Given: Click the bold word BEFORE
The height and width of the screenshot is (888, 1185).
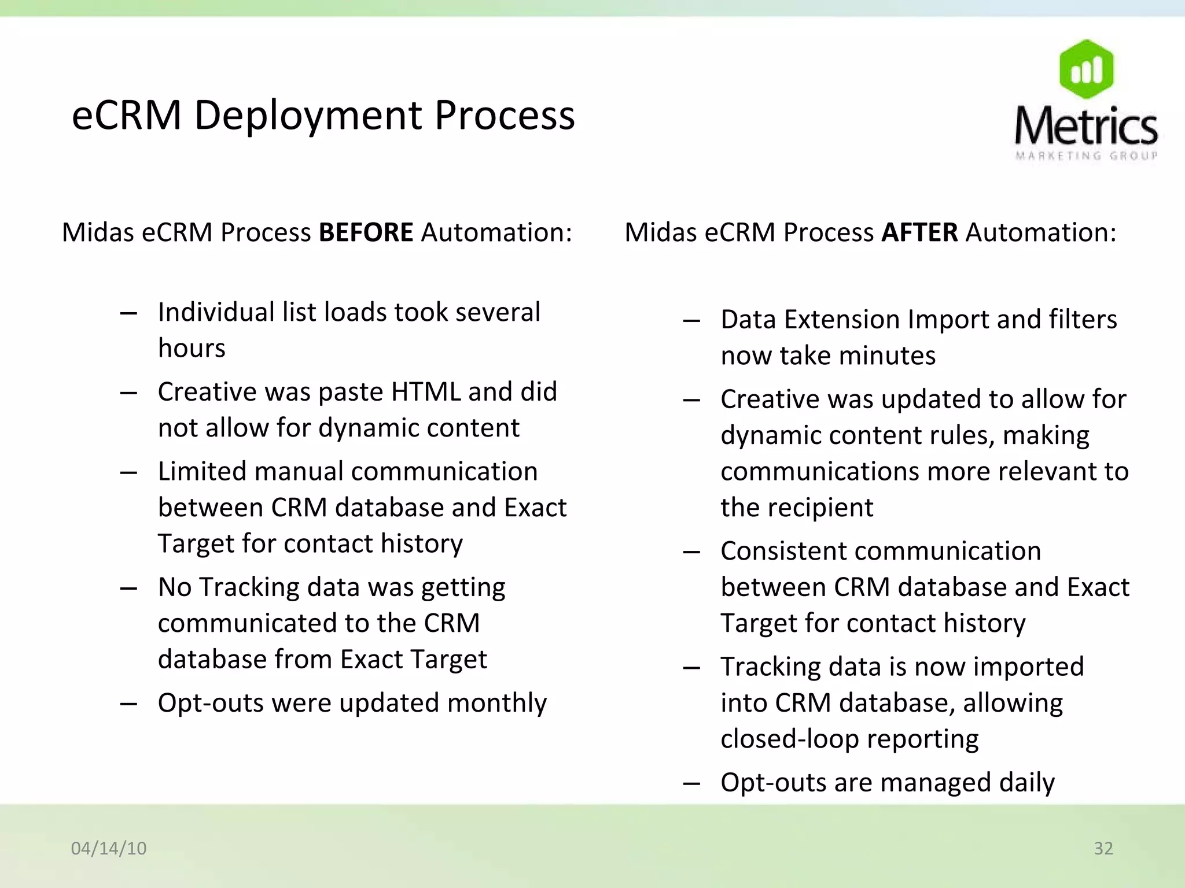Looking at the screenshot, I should [366, 232].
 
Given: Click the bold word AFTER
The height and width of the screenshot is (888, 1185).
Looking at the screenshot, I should [919, 232].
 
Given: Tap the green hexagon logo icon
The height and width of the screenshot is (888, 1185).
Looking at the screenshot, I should [1086, 69].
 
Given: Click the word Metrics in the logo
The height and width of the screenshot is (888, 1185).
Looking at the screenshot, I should [1086, 125].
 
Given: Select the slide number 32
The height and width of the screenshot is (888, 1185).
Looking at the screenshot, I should [1103, 848].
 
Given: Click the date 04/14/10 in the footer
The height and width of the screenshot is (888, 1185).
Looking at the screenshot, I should [109, 848].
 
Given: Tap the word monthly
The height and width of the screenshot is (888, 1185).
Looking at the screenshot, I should [496, 703].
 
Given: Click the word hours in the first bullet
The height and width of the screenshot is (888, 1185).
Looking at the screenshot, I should [192, 348].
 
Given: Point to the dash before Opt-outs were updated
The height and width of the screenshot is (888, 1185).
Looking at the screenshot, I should [128, 704].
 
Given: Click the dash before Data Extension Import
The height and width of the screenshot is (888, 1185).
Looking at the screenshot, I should [691, 321].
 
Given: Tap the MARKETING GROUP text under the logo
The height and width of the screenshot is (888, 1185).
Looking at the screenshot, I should [1086, 156].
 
